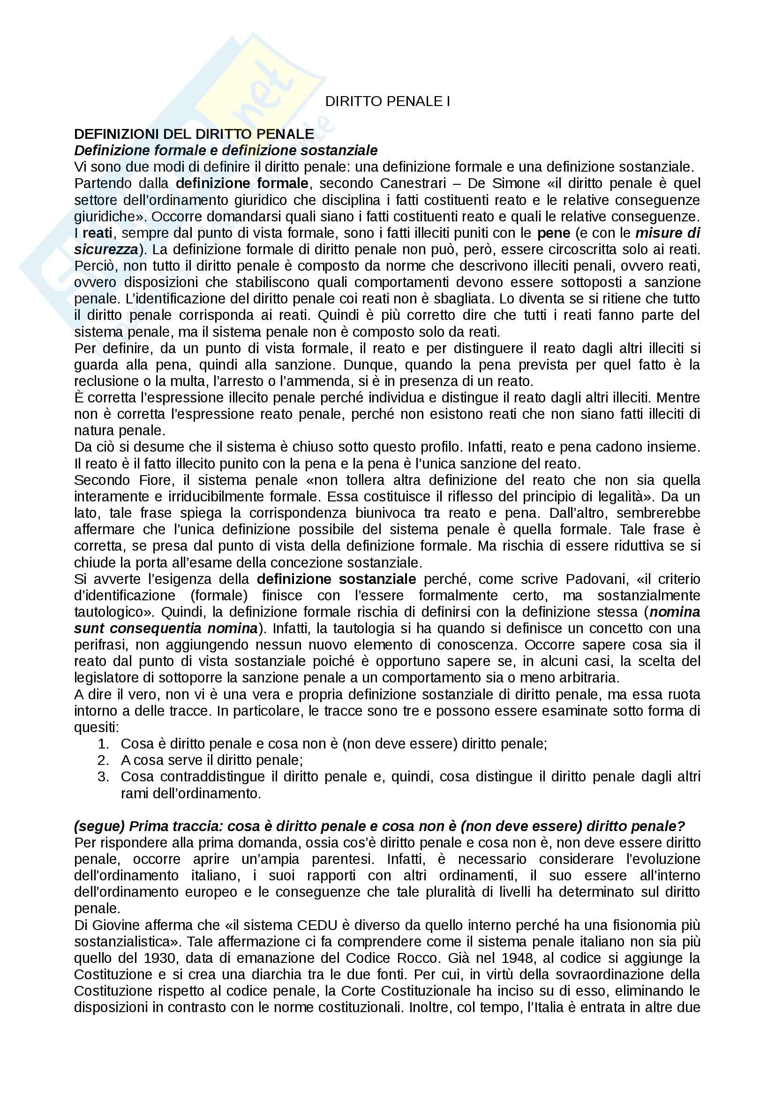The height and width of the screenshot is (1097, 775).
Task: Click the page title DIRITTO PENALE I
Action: [387, 101]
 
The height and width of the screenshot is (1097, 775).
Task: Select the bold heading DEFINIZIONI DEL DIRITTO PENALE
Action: [194, 134]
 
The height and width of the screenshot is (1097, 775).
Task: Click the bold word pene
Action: [553, 233]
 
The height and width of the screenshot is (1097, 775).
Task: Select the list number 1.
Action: [103, 744]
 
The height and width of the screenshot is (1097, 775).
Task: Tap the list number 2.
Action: [103, 760]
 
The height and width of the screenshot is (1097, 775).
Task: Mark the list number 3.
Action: [103, 777]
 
